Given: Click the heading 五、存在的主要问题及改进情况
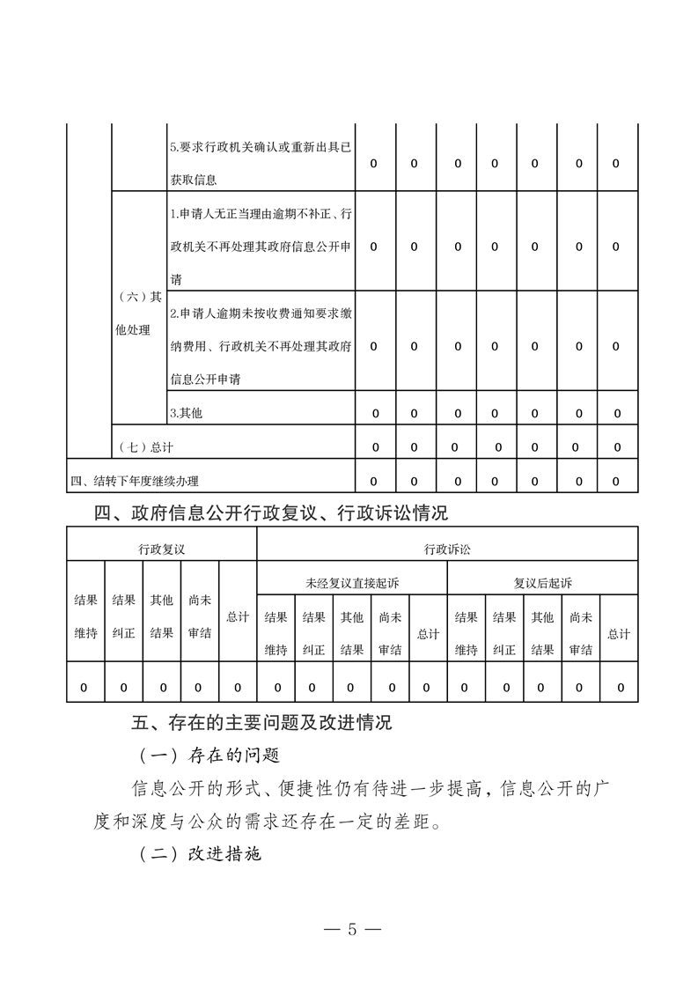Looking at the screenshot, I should pyautogui.click(x=261, y=724).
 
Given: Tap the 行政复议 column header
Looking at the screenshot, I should pyautogui.click(x=161, y=549).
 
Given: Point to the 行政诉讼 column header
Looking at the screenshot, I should pyautogui.click(x=447, y=549).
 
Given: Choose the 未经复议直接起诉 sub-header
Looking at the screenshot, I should pyautogui.click(x=351, y=582).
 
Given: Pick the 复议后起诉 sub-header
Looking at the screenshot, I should pyautogui.click(x=542, y=582).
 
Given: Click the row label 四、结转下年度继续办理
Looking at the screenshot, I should pyautogui.click(x=135, y=481).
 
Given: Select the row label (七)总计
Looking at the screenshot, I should pyautogui.click(x=145, y=447).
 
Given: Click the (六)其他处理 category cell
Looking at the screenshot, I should pyautogui.click(x=139, y=313).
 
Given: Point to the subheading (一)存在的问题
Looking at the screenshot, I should pyautogui.click(x=209, y=756).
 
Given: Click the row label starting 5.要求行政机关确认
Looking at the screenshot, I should pyautogui.click(x=260, y=164).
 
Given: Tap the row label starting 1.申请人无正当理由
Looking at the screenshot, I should pyautogui.click(x=261, y=247).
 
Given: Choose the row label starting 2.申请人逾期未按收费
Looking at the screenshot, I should pyautogui.click(x=261, y=346).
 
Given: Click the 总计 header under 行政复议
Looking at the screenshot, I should pyautogui.click(x=238, y=616).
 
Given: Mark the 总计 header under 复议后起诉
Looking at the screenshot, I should pyautogui.click(x=619, y=633).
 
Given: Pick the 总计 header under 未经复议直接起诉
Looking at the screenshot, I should pyautogui.click(x=428, y=633).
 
